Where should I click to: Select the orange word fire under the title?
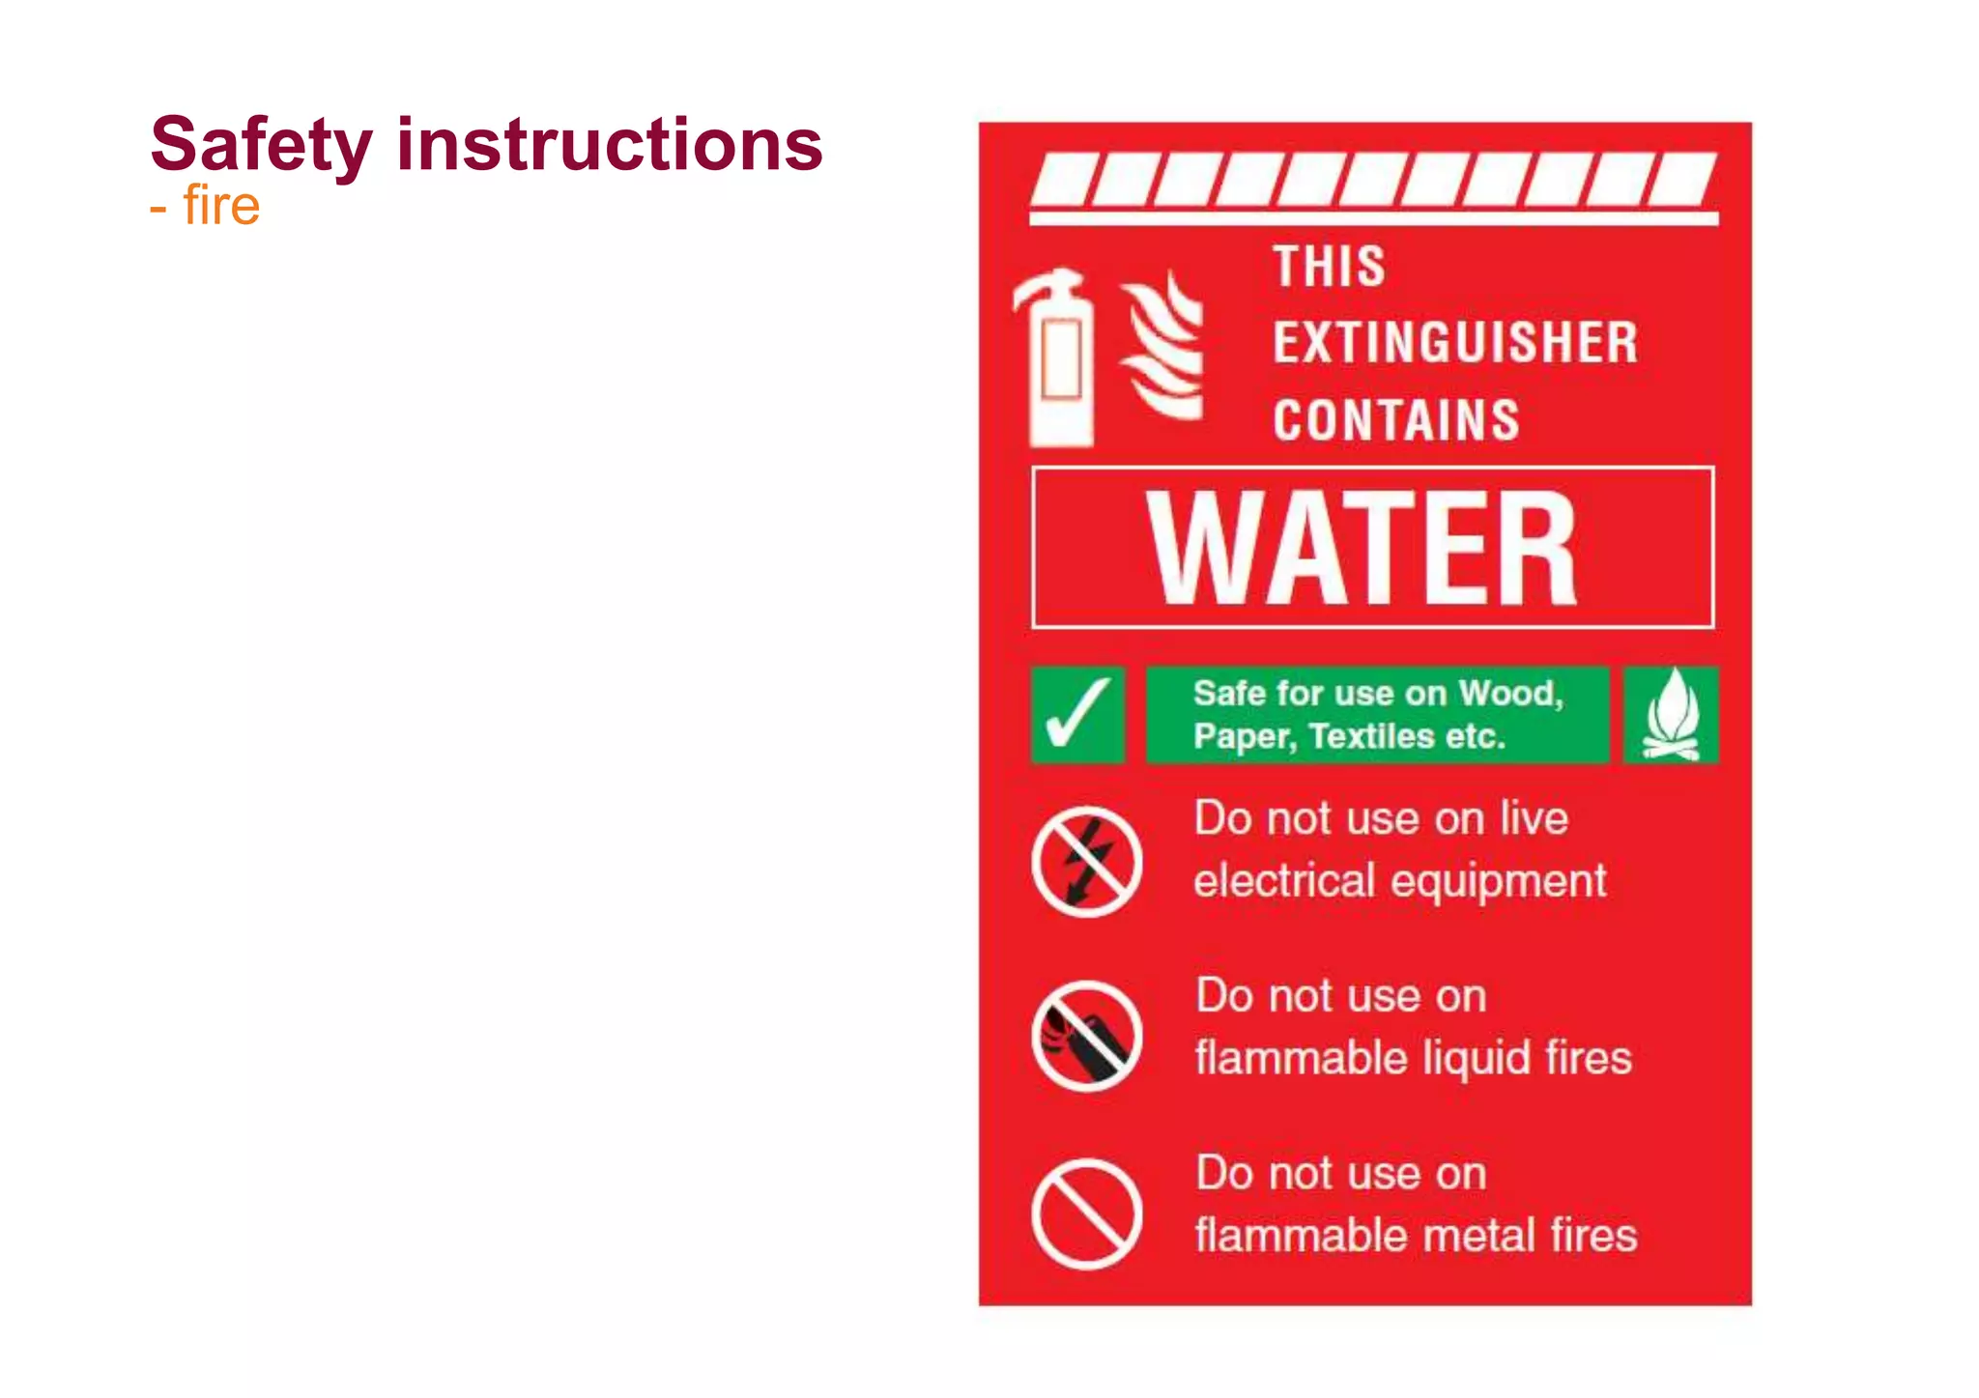tap(221, 206)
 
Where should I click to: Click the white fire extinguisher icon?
tap(1058, 357)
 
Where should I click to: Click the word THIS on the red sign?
tap(1329, 267)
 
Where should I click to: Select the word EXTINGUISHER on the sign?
tap(1454, 343)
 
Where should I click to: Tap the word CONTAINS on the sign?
tap(1395, 420)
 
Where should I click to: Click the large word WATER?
tap(1362, 548)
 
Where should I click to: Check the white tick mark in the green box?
tap(1077, 715)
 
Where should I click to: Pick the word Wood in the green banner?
tap(1509, 693)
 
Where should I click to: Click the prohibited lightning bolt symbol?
tap(1086, 861)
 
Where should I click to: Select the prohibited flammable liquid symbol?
tap(1086, 1036)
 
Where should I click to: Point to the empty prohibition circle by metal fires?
tap(1086, 1213)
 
